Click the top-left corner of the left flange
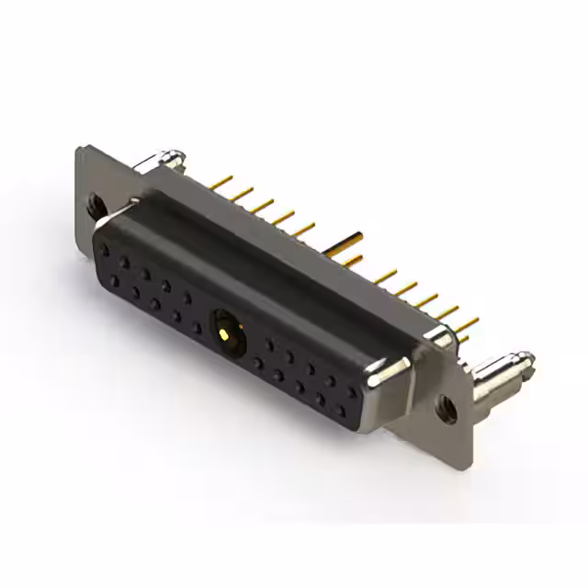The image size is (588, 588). (80, 147)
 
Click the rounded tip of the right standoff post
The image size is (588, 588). (526, 356)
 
